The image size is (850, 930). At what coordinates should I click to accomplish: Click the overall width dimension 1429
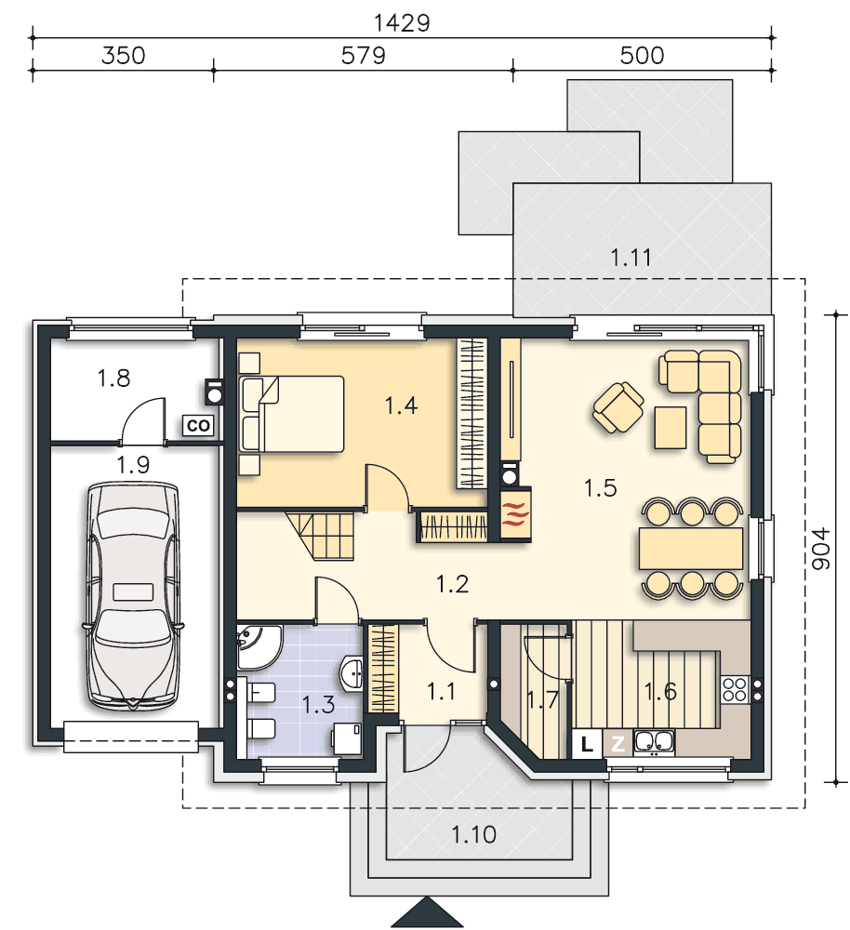coord(402,22)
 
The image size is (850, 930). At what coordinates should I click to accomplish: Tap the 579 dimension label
coord(363,56)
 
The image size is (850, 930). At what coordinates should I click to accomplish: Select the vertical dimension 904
coord(821,549)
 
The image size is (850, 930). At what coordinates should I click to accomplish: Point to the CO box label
coord(198,425)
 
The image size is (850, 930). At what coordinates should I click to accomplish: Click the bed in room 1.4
coord(291,414)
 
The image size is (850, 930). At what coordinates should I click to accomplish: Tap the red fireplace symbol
coord(515,512)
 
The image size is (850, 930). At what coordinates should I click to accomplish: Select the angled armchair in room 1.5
coord(618,407)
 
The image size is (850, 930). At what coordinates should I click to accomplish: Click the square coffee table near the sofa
coord(671,427)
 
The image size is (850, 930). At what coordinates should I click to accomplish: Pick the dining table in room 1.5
coord(691,548)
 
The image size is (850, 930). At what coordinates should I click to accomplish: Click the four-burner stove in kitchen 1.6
coord(735,689)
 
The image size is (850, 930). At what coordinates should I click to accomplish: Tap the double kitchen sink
coord(654,742)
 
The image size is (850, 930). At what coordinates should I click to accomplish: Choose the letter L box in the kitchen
coord(587,744)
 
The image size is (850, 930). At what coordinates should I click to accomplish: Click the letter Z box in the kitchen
coord(618,744)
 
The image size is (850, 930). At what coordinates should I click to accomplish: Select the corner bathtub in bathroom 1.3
coord(259,646)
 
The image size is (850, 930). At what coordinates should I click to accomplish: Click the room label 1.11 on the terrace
coord(631,258)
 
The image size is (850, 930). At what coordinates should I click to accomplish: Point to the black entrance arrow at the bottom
coord(427,913)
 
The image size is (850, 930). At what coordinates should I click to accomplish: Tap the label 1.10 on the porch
coord(473,834)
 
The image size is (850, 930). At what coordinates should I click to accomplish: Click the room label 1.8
coord(113,378)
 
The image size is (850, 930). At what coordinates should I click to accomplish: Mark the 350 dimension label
coord(124,56)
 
